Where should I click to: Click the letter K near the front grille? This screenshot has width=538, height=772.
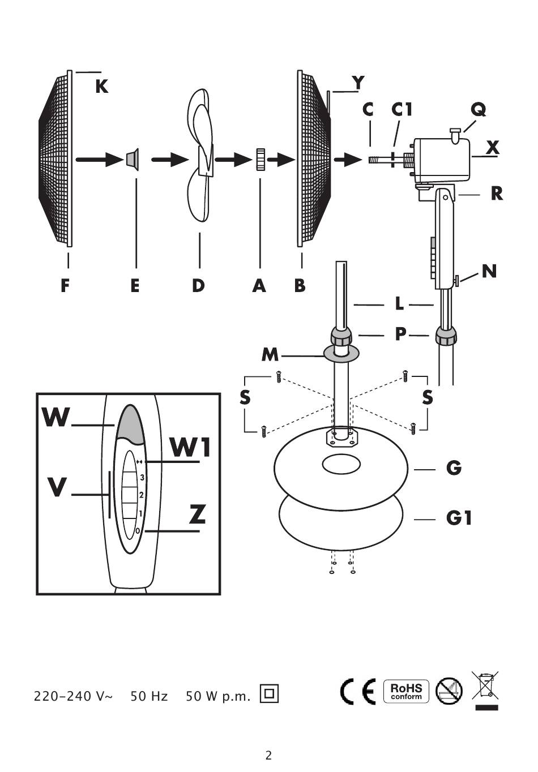tap(102, 86)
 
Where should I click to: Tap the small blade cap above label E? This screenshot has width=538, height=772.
tap(133, 160)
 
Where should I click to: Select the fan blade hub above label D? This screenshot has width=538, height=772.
tap(206, 160)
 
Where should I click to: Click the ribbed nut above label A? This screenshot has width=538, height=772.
tap(260, 159)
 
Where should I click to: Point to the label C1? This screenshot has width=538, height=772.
tap(402, 110)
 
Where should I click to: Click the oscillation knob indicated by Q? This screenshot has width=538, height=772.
tap(455, 134)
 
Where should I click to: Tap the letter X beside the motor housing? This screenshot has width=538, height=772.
tap(492, 148)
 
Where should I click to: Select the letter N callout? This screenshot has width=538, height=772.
tap(489, 271)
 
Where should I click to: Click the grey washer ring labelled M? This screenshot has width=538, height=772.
tap(341, 353)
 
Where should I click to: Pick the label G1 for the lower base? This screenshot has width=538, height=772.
tap(459, 518)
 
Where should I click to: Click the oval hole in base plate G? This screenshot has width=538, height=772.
tap(341, 464)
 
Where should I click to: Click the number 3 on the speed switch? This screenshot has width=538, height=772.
tap(142, 478)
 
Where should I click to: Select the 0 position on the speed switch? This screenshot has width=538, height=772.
tap(138, 531)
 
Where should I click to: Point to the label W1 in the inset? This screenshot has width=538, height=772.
tap(190, 447)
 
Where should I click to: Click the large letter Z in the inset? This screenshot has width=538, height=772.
tap(198, 514)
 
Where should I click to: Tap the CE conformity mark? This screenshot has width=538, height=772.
tap(358, 692)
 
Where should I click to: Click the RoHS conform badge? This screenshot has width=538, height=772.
tap(406, 692)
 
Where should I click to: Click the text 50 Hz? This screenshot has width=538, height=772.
tap(149, 697)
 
